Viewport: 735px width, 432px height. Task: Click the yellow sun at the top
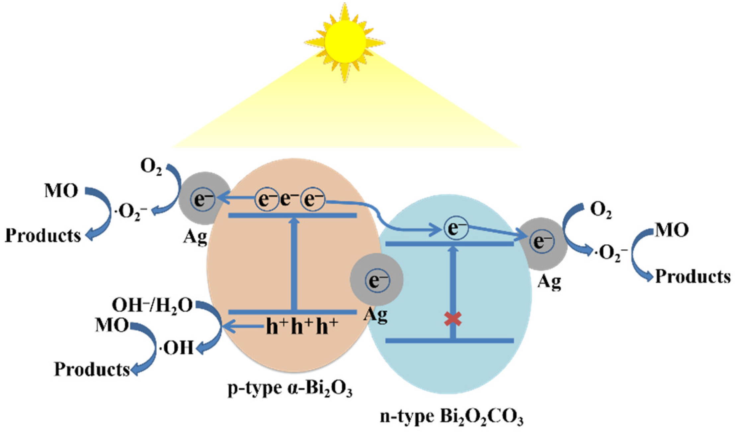pyautogui.click(x=345, y=42)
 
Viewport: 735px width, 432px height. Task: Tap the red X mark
pyautogui.click(x=453, y=319)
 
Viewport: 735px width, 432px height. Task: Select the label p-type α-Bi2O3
pyautogui.click(x=290, y=389)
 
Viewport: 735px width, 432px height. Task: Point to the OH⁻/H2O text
pyautogui.click(x=152, y=305)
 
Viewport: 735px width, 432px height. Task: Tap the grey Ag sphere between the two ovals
pyautogui.click(x=376, y=279)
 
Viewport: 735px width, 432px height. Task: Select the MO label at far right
pyautogui.click(x=671, y=230)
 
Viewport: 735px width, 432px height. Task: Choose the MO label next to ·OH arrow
pyautogui.click(x=112, y=325)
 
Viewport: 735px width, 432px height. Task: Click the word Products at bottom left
pyautogui.click(x=92, y=369)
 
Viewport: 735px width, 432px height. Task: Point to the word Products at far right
pyautogui.click(x=693, y=277)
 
